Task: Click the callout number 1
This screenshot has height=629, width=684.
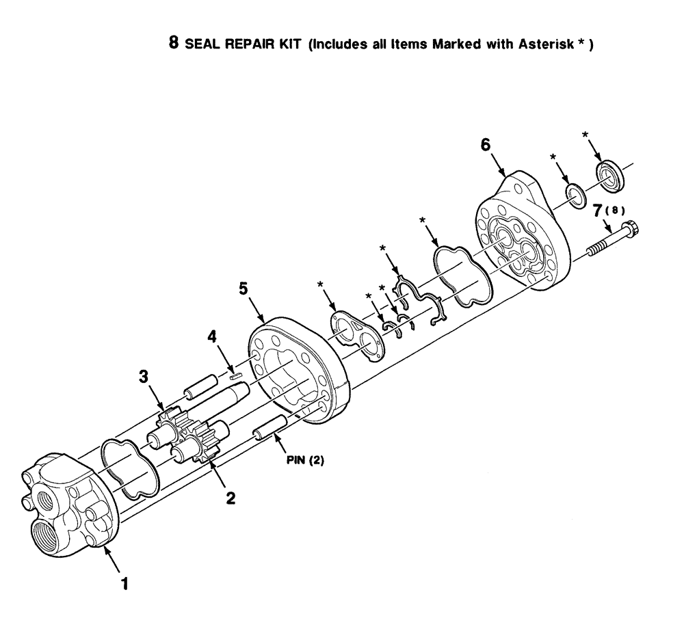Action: [x=124, y=585]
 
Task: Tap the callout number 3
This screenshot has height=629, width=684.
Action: [x=144, y=377]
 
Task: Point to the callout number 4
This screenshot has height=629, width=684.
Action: [x=213, y=336]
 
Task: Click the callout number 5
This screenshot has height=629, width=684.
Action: [x=244, y=289]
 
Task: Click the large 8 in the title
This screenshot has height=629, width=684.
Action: [x=174, y=44]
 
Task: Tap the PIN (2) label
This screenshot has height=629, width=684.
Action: [x=305, y=460]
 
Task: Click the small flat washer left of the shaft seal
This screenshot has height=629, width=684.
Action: [x=575, y=194]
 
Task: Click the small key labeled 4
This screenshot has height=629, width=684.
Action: [x=235, y=373]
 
